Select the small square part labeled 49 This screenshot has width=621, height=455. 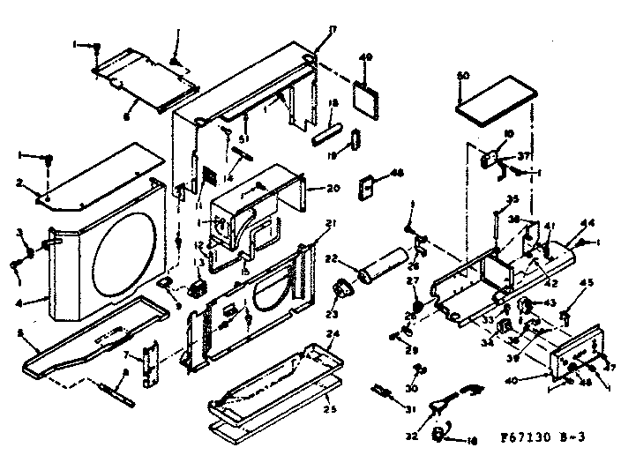[363, 94]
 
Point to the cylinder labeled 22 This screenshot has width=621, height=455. [378, 267]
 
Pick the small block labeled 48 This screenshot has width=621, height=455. [368, 187]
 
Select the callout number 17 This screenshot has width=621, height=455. [308, 31]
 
